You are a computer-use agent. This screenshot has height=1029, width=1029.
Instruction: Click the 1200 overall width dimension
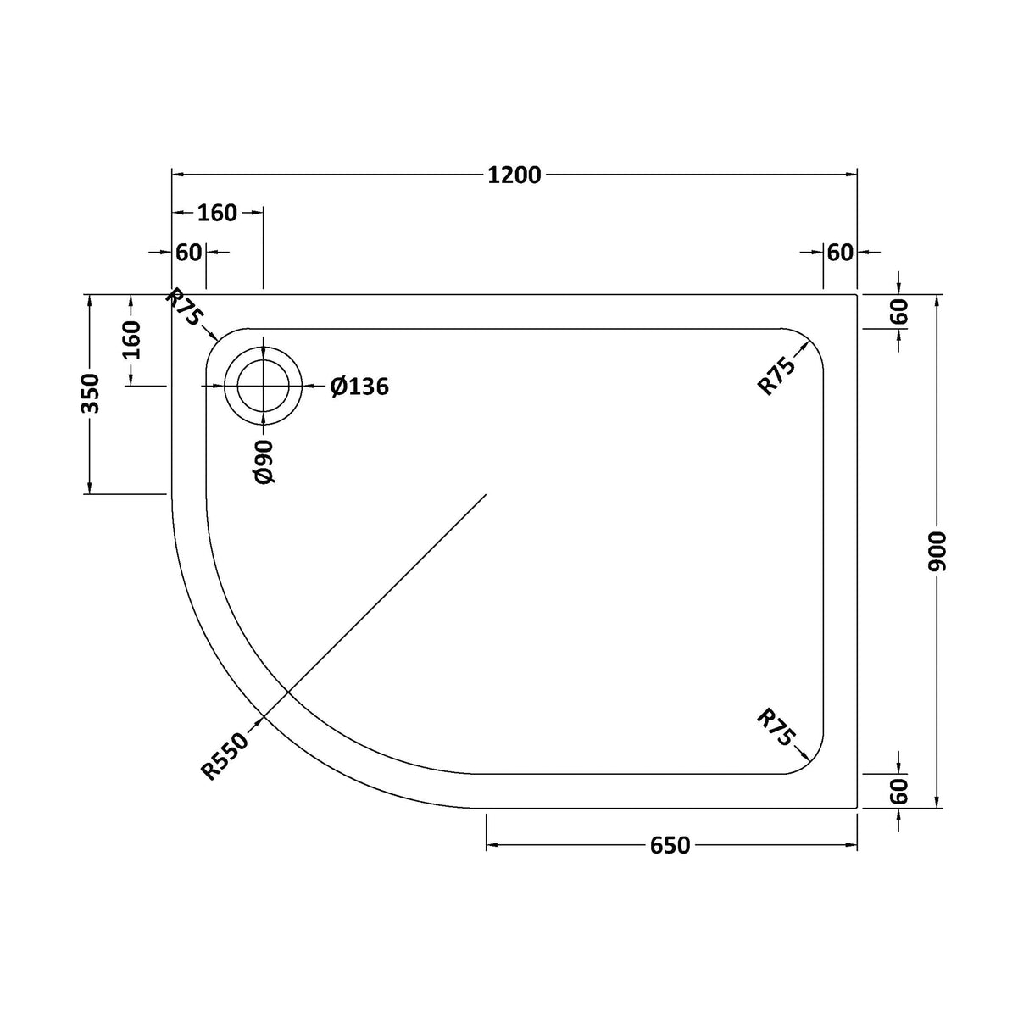click(514, 175)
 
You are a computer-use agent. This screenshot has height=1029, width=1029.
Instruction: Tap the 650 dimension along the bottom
click(670, 845)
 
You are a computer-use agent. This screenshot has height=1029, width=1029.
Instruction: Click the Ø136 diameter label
click(359, 387)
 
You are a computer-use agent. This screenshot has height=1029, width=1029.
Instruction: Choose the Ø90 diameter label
click(264, 461)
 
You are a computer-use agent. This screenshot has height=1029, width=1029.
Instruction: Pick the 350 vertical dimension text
click(90, 393)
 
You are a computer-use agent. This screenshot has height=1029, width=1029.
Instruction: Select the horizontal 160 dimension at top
click(217, 213)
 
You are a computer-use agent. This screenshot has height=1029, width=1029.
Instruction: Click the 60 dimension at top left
click(189, 253)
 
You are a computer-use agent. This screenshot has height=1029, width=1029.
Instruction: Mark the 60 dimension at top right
click(839, 253)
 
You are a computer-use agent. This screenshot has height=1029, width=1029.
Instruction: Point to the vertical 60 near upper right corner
click(899, 312)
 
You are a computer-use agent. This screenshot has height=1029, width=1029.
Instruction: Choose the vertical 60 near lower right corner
click(899, 792)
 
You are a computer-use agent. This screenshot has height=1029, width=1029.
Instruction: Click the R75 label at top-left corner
click(185, 308)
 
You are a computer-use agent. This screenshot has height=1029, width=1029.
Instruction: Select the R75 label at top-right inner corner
click(776, 377)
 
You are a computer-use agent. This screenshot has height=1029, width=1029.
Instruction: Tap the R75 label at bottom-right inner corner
click(775, 730)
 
